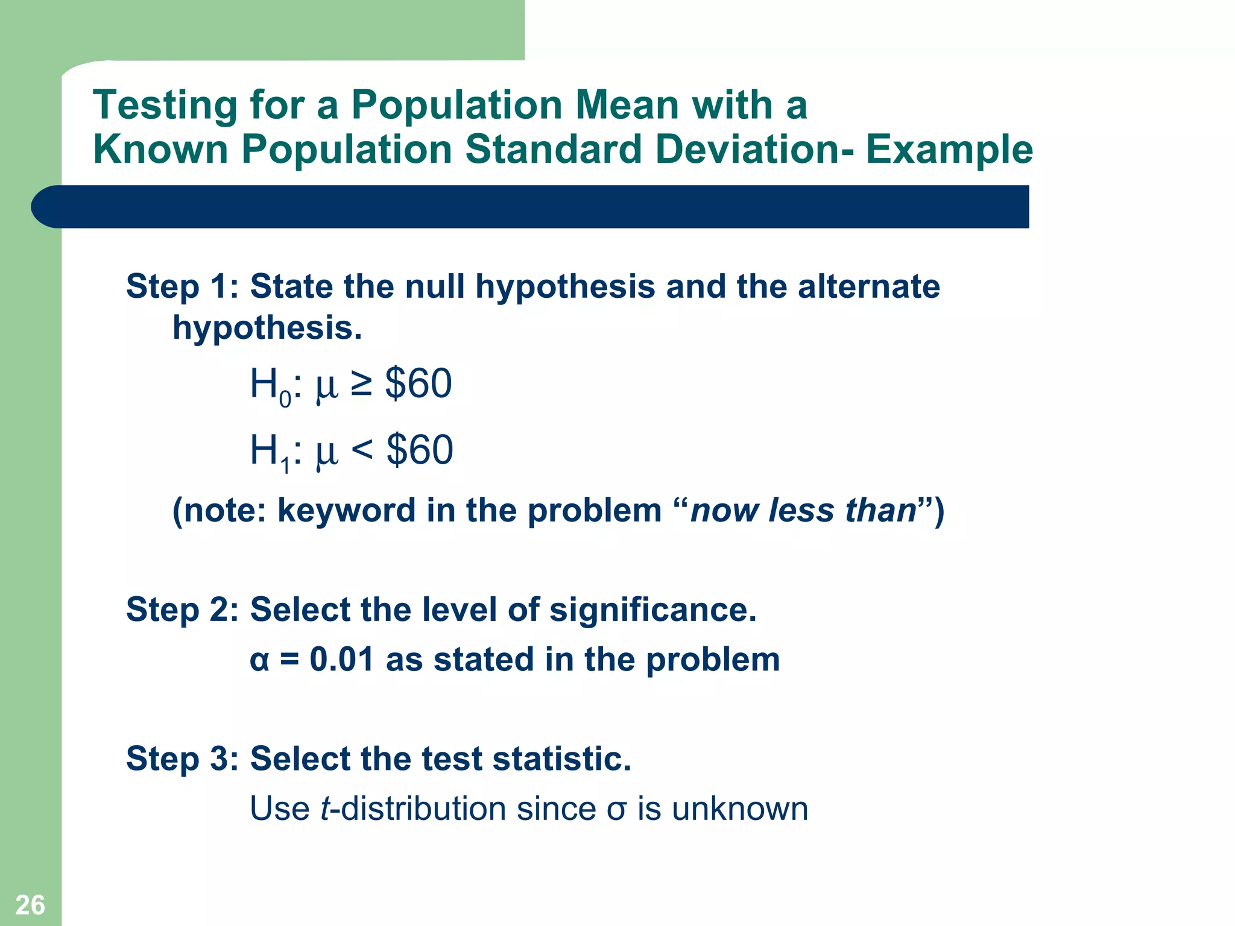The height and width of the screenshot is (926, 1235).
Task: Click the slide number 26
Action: tap(30, 905)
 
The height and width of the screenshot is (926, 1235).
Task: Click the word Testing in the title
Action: tap(165, 106)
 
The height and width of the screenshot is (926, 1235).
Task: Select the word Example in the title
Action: tap(949, 150)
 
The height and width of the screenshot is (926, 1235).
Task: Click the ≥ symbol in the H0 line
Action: tap(361, 384)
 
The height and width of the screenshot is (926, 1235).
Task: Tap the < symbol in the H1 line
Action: tap(362, 450)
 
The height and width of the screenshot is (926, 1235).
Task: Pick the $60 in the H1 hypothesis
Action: tap(420, 450)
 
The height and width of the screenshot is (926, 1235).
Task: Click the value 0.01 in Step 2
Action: tap(342, 659)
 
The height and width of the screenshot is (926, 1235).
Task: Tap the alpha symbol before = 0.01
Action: tap(259, 660)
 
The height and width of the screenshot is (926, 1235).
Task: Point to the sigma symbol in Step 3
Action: tap(616, 810)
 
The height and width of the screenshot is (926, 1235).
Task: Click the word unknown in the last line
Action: tap(740, 808)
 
